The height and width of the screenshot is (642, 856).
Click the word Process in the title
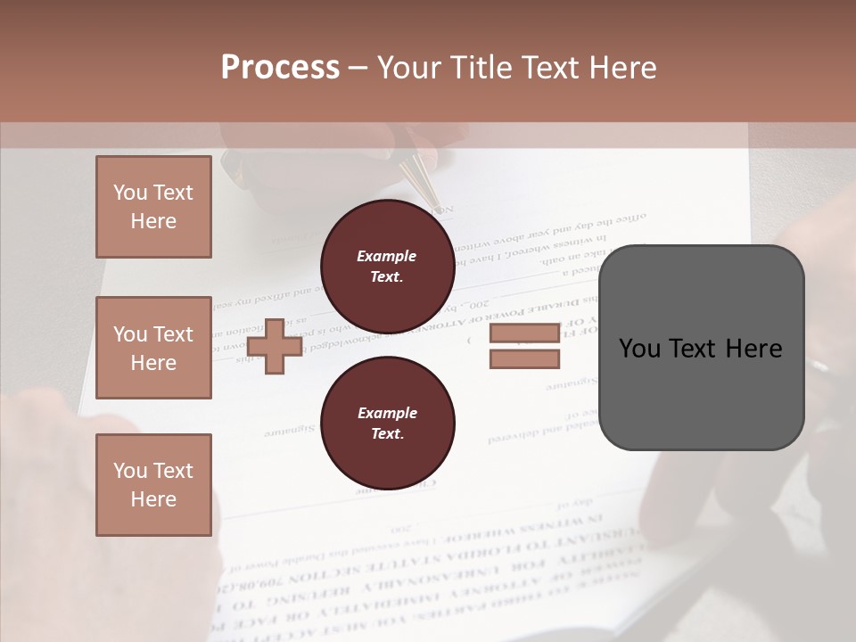[280, 68]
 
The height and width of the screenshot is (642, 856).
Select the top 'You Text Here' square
[153, 207]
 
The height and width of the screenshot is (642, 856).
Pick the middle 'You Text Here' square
[153, 348]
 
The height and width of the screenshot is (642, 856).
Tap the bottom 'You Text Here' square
[153, 484]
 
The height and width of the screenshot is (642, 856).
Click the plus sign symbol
[275, 346]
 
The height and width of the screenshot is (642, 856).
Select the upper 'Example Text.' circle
[387, 267]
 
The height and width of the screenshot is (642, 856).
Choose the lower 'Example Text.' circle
[387, 424]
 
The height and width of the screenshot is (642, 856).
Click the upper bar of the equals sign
[524, 333]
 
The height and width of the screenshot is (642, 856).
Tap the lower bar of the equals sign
[524, 358]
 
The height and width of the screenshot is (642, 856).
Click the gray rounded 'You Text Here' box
[701, 347]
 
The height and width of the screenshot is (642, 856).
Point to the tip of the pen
[437, 202]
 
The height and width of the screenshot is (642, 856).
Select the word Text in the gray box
[695, 349]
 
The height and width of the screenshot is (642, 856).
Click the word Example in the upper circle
[387, 256]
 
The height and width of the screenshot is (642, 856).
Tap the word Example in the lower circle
[387, 413]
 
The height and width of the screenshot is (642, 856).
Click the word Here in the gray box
[754, 349]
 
